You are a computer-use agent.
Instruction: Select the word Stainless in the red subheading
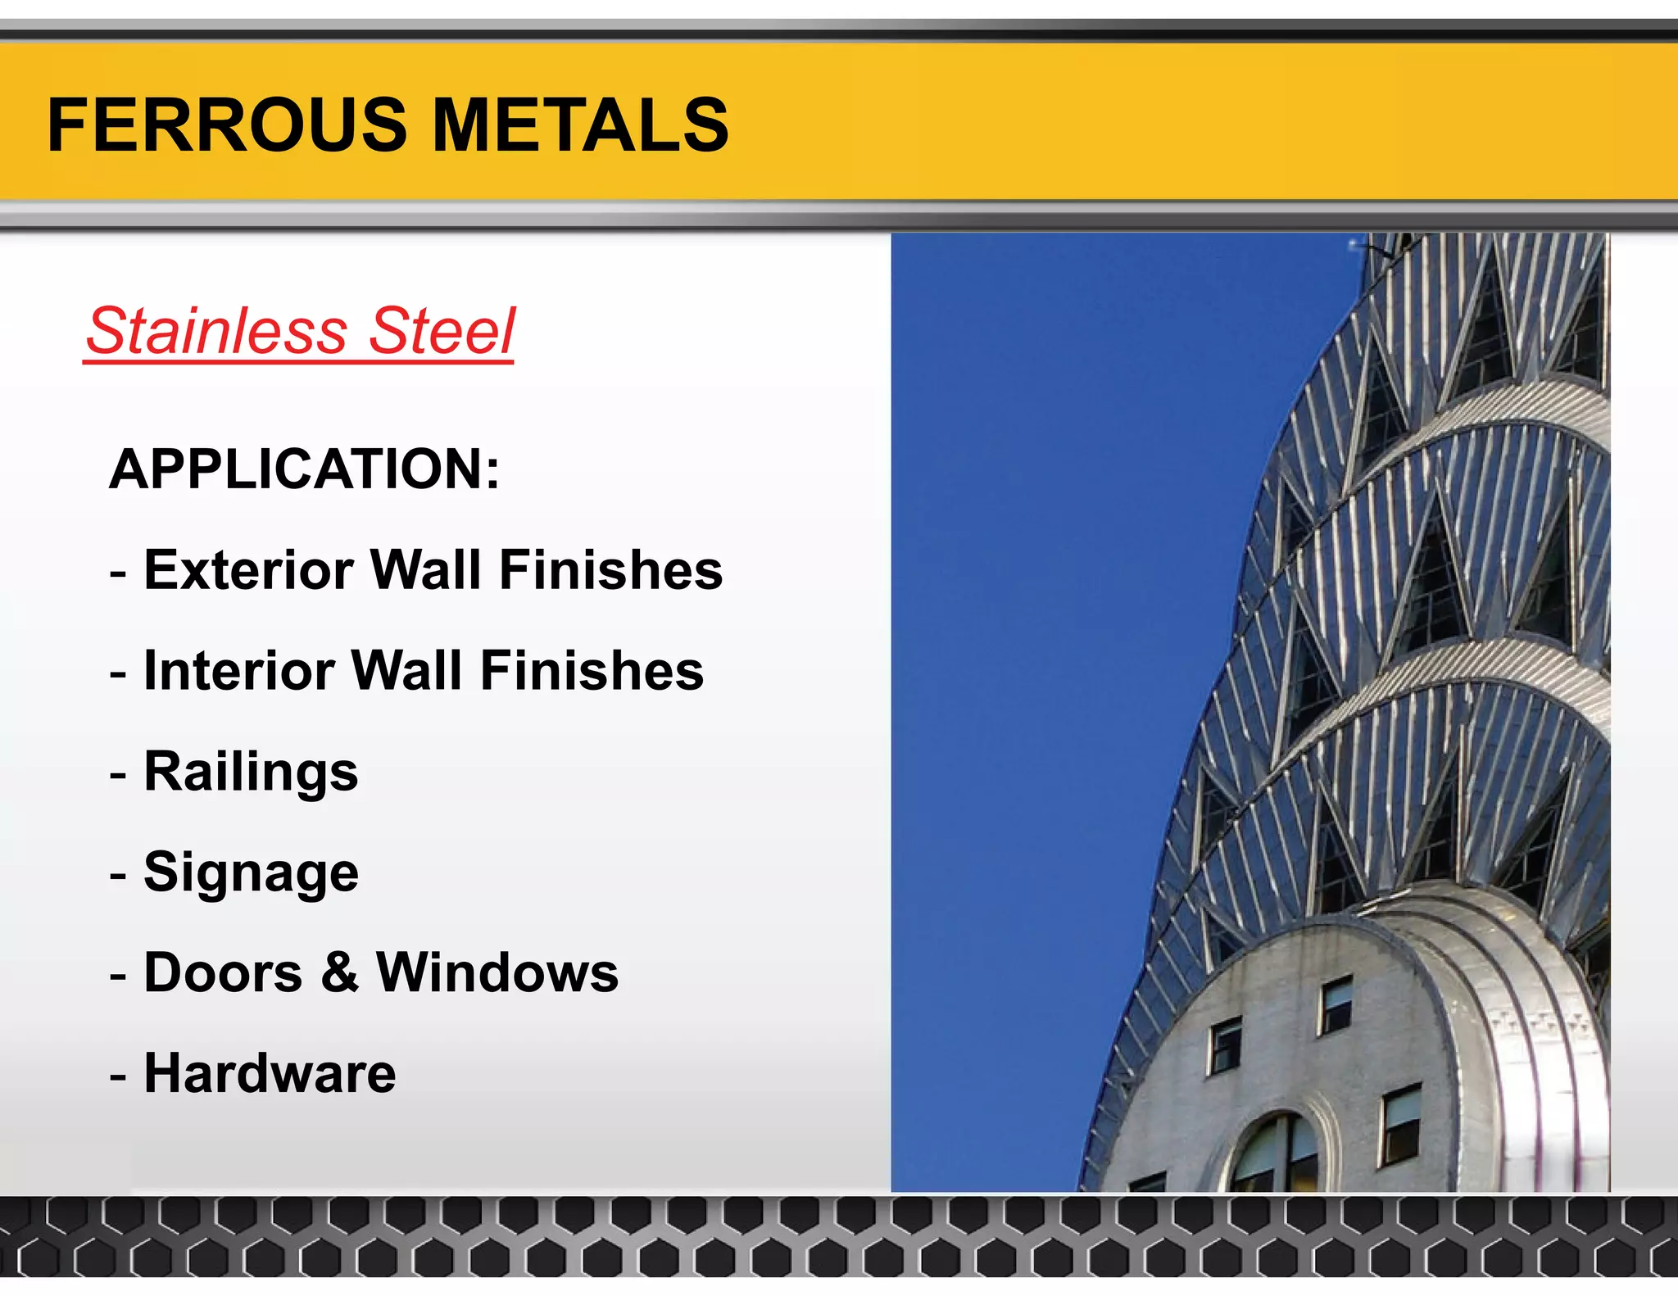coord(217,331)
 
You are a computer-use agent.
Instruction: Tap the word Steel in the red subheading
coord(442,331)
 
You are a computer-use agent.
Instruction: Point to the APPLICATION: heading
coord(304,469)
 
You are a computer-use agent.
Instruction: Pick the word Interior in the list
coord(238,670)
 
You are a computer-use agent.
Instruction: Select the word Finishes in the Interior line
coord(592,670)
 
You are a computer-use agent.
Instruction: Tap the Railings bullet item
coord(251,772)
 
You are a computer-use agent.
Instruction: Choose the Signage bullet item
coord(251,872)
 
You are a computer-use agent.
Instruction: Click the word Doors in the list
coord(223,972)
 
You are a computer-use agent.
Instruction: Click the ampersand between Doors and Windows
coord(339,972)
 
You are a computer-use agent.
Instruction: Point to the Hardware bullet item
coord(270,1073)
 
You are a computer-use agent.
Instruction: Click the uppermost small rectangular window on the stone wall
coord(1336,1004)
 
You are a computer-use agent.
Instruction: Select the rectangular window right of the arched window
coord(1401,1124)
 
